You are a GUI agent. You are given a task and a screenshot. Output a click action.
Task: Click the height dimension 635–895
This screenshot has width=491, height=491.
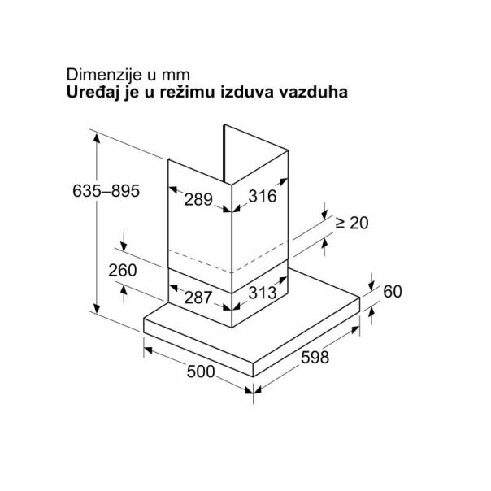tap(106, 191)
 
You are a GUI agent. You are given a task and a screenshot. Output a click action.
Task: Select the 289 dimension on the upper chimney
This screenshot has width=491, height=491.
tap(198, 199)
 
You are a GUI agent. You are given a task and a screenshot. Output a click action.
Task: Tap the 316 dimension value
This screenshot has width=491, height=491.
tap(263, 197)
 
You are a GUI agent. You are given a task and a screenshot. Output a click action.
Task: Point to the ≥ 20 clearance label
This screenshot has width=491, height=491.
tap(352, 223)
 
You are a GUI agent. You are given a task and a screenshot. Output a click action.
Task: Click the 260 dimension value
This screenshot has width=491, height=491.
tap(123, 270)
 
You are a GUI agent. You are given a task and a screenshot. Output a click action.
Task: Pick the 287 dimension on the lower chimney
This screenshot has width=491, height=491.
tap(198, 298)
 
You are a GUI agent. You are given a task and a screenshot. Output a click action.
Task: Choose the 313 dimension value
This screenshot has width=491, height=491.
tap(263, 293)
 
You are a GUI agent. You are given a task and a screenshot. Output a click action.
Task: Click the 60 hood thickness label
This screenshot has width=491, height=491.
tap(393, 292)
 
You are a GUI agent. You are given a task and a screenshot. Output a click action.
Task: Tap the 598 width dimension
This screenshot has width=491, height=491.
tap(315, 358)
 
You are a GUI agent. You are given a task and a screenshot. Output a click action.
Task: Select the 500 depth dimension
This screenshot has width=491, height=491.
tap(201, 372)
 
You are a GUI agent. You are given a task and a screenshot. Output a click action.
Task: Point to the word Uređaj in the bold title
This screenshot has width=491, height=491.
tap(93, 93)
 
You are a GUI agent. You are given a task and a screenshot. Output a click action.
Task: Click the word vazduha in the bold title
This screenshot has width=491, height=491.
tap(313, 93)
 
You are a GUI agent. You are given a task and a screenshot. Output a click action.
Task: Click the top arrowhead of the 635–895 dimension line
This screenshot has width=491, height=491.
tap(97, 138)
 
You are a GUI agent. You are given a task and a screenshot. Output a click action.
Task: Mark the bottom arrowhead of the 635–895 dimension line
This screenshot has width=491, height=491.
tap(97, 308)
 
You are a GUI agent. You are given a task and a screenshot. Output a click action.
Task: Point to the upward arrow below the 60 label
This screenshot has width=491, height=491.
tap(372, 315)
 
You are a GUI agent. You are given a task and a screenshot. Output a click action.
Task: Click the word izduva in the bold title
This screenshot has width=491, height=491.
tap(247, 93)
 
